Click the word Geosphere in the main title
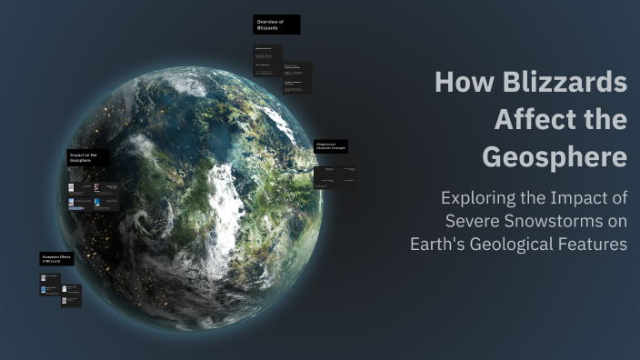[x=554, y=157]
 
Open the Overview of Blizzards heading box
[x=276, y=25]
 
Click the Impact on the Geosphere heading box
[x=88, y=157]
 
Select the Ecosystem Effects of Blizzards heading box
[x=56, y=259]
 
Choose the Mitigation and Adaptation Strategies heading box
[x=331, y=145]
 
